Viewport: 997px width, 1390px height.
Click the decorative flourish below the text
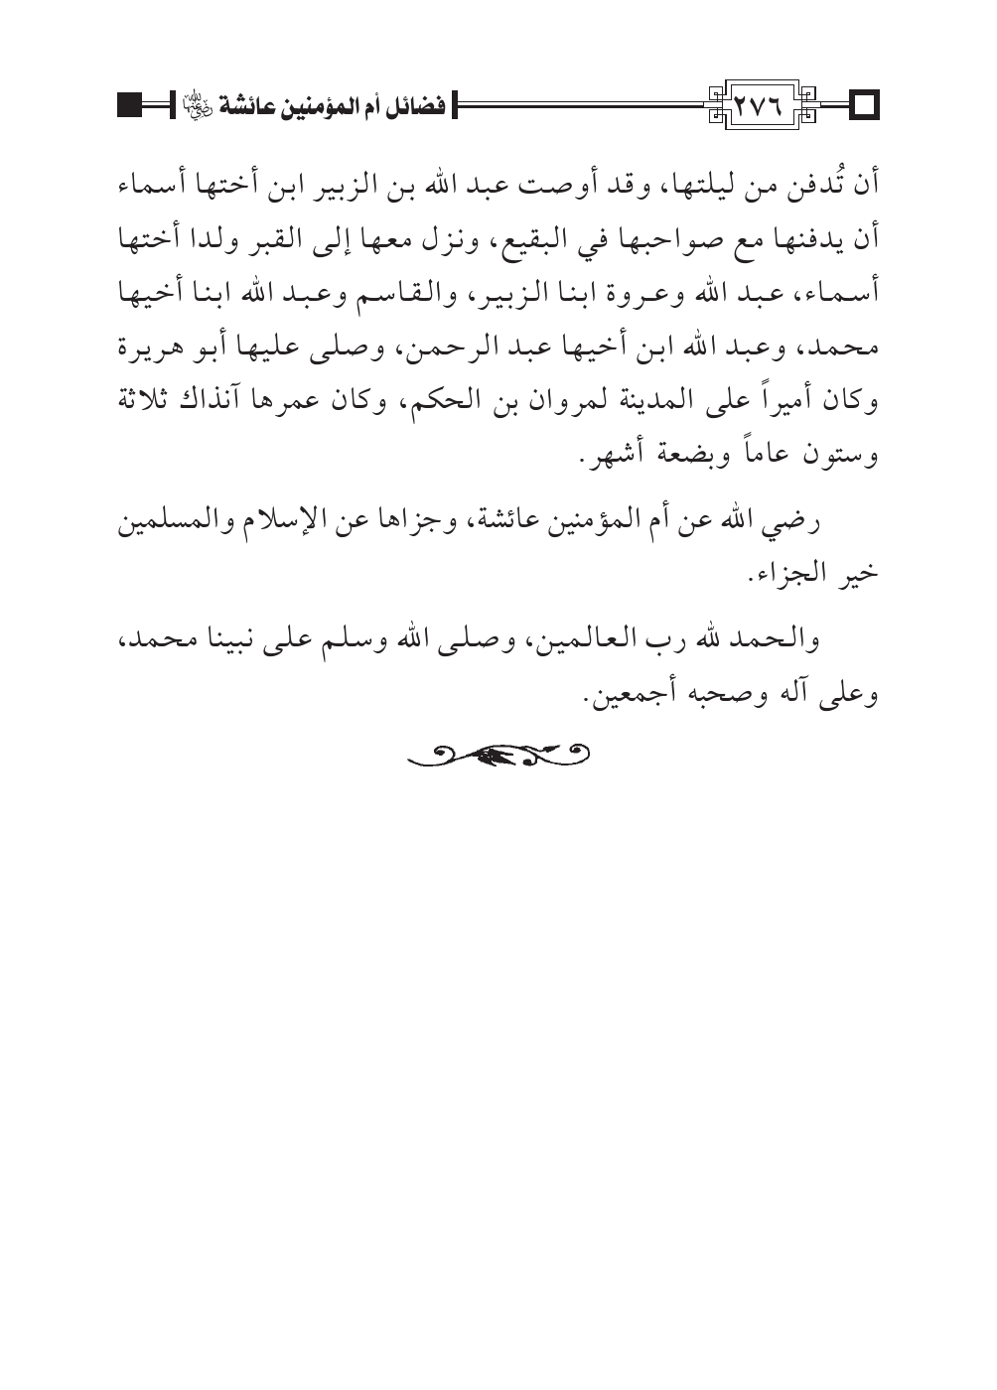499,757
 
